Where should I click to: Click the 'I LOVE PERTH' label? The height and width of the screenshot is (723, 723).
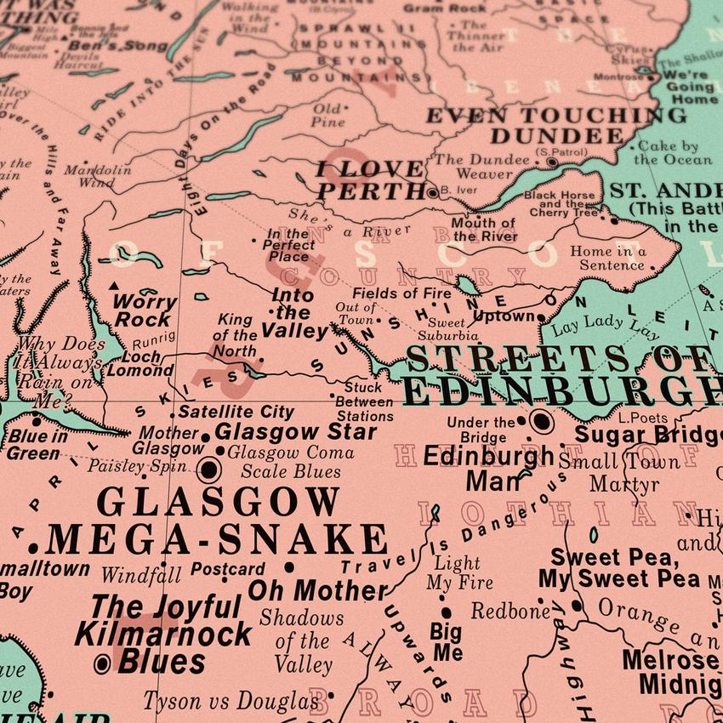click(370, 179)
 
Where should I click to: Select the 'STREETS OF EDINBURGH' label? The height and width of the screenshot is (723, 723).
click(561, 374)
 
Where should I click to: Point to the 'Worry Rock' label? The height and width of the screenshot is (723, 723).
click(145, 310)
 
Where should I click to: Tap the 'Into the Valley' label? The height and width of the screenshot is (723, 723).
click(294, 313)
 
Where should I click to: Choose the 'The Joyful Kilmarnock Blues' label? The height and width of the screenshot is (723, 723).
click(162, 634)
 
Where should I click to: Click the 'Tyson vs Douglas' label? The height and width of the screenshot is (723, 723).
click(231, 701)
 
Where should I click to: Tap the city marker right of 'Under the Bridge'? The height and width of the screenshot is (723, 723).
click(541, 421)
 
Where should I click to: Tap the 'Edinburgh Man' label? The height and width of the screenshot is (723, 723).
click(488, 468)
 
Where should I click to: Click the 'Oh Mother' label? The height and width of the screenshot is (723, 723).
click(317, 590)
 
